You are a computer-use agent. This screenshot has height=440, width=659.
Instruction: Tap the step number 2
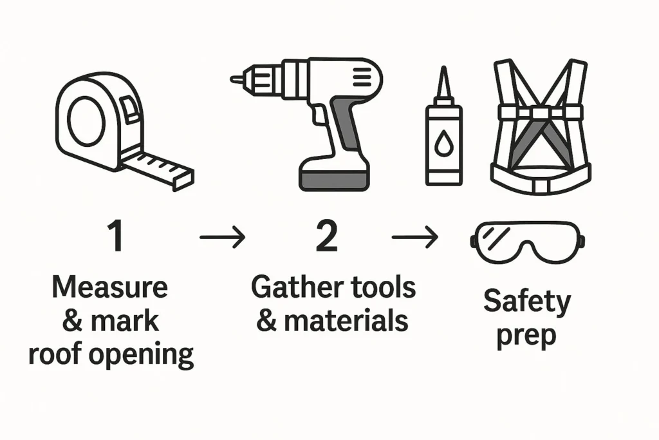tap(326, 236)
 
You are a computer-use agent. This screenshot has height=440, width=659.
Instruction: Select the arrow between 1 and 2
tap(222, 237)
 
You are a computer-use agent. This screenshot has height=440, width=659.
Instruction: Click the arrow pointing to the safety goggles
tap(415, 237)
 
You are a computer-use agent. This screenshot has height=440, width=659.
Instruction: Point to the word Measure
tap(109, 287)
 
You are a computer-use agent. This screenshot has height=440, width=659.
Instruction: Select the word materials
tap(346, 321)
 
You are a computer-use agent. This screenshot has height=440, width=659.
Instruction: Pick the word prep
tap(526, 336)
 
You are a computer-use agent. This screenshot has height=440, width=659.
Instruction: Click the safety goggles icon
tap(528, 243)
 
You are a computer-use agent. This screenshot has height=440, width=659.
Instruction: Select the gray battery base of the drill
tap(334, 180)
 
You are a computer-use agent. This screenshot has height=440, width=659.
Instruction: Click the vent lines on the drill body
tap(362, 78)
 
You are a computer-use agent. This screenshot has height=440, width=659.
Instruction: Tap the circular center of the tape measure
tap(87, 120)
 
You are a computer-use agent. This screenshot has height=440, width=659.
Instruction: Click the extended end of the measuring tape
tap(183, 179)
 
